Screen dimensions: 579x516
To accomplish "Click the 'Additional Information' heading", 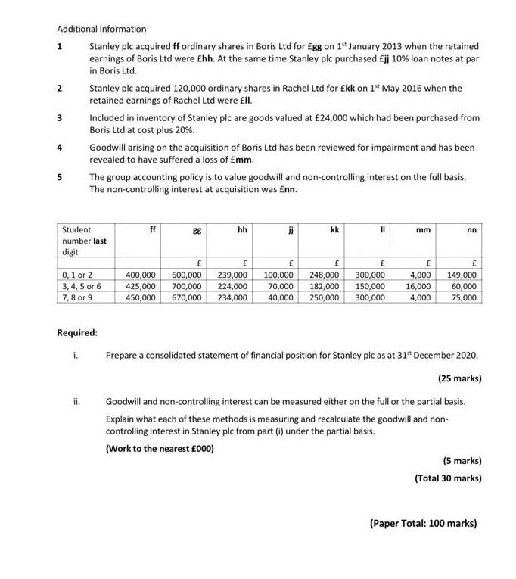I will tap(101, 29).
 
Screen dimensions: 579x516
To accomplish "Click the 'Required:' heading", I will tap(77, 332).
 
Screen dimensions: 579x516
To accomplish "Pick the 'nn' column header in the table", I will tap(471, 229).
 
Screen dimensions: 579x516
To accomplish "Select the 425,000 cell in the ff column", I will tap(141, 287).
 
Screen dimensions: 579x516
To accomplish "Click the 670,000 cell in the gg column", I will tap(186, 298).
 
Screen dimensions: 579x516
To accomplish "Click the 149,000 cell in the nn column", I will tap(462, 275).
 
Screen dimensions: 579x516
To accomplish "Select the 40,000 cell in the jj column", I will tap(281, 298).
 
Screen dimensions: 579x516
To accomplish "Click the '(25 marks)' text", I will tap(459, 378).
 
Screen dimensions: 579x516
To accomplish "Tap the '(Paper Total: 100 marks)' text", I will tap(423, 523).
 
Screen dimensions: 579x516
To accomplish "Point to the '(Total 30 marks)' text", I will tap(448, 478).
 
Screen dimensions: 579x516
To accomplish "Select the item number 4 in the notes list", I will tap(60, 147).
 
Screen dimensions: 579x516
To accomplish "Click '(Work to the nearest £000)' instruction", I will tap(160, 448).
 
